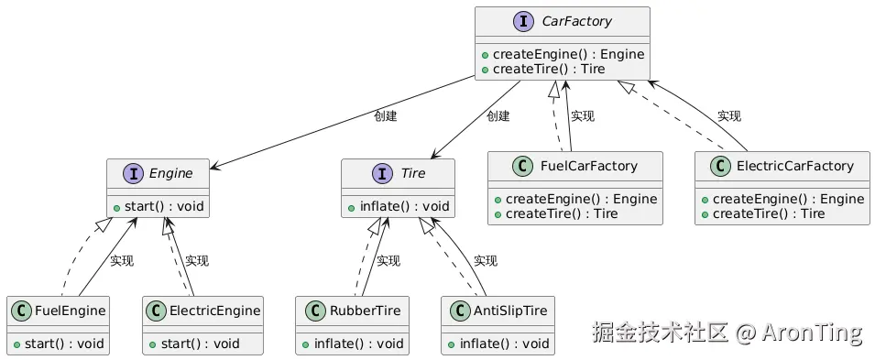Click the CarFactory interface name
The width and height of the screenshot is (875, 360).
click(575, 21)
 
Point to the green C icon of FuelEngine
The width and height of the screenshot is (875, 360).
click(22, 311)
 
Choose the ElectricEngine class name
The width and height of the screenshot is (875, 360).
click(214, 311)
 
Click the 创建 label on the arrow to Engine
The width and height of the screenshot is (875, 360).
click(386, 116)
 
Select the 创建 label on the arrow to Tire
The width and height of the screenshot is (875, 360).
click(498, 116)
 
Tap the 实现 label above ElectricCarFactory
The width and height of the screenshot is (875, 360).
click(729, 116)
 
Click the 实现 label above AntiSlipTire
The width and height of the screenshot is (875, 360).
click(486, 261)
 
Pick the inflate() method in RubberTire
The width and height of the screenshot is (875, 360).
click(352, 344)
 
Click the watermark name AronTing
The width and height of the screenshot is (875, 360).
click(811, 333)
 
